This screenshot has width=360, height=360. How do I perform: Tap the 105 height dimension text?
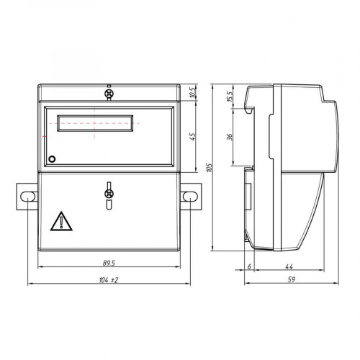pos(209,167)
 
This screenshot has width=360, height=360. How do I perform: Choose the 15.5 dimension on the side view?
pos(230,96)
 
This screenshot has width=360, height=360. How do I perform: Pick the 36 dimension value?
pos(230,137)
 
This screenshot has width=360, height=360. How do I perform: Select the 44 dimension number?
pos(297,264)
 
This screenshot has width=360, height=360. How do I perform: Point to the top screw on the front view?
pos(109,94)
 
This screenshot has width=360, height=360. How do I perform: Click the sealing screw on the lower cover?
pos(109,194)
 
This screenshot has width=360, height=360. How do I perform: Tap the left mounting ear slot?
pos(27,195)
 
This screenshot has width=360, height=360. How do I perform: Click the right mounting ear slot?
pos(190,195)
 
